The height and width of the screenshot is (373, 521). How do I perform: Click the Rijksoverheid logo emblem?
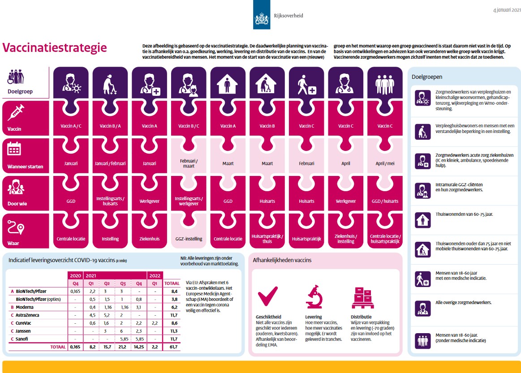tap(262, 17)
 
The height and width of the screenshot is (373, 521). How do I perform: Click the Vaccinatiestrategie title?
tap(55, 47)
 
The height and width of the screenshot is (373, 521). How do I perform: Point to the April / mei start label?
tap(384, 163)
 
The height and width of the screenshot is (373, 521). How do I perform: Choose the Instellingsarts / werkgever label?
tap(189, 201)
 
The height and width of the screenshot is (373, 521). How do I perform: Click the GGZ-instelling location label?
tap(189, 239)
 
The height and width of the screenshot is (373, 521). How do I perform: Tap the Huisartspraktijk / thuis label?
tap(267, 239)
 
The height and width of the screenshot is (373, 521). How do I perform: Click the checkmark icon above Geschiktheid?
tap(268, 296)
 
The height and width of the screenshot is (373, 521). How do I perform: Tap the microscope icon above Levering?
tap(314, 296)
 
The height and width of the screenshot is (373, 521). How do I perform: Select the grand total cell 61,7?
tap(172, 347)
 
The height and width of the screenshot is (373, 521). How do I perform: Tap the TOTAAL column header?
tap(172, 283)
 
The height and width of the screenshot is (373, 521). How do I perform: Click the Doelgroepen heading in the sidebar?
tap(427, 77)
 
